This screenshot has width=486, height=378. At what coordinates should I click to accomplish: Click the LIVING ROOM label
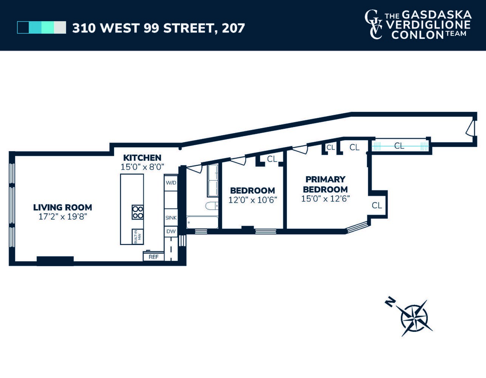click(63, 207)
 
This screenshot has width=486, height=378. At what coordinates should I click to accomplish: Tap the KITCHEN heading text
click(142, 158)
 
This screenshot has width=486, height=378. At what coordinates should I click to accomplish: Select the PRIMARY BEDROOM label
click(325, 184)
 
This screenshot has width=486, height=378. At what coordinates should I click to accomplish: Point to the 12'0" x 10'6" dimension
click(252, 200)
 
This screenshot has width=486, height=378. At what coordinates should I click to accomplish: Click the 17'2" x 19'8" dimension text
click(63, 217)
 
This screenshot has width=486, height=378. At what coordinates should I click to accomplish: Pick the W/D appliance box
click(171, 183)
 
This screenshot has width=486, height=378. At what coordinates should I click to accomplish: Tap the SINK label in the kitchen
click(171, 218)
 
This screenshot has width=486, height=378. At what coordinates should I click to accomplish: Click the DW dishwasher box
click(171, 231)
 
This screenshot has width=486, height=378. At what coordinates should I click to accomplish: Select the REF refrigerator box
click(153, 257)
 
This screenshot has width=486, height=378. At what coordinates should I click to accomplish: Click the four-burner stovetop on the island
click(138, 212)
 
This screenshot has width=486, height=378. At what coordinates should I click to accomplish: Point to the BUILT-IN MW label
click(138, 236)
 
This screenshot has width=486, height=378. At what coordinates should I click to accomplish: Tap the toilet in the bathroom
click(211, 206)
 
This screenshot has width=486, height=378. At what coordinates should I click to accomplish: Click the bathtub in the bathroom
click(202, 222)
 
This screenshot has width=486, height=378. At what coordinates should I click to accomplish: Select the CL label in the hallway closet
click(399, 146)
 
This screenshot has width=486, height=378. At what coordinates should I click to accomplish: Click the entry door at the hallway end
click(471, 128)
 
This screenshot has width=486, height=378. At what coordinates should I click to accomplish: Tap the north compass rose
click(415, 318)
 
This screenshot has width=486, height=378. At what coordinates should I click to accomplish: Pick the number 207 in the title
click(233, 28)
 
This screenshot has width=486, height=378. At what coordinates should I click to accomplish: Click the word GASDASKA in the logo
click(436, 15)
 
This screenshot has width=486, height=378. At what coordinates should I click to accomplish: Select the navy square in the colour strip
click(23, 28)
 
